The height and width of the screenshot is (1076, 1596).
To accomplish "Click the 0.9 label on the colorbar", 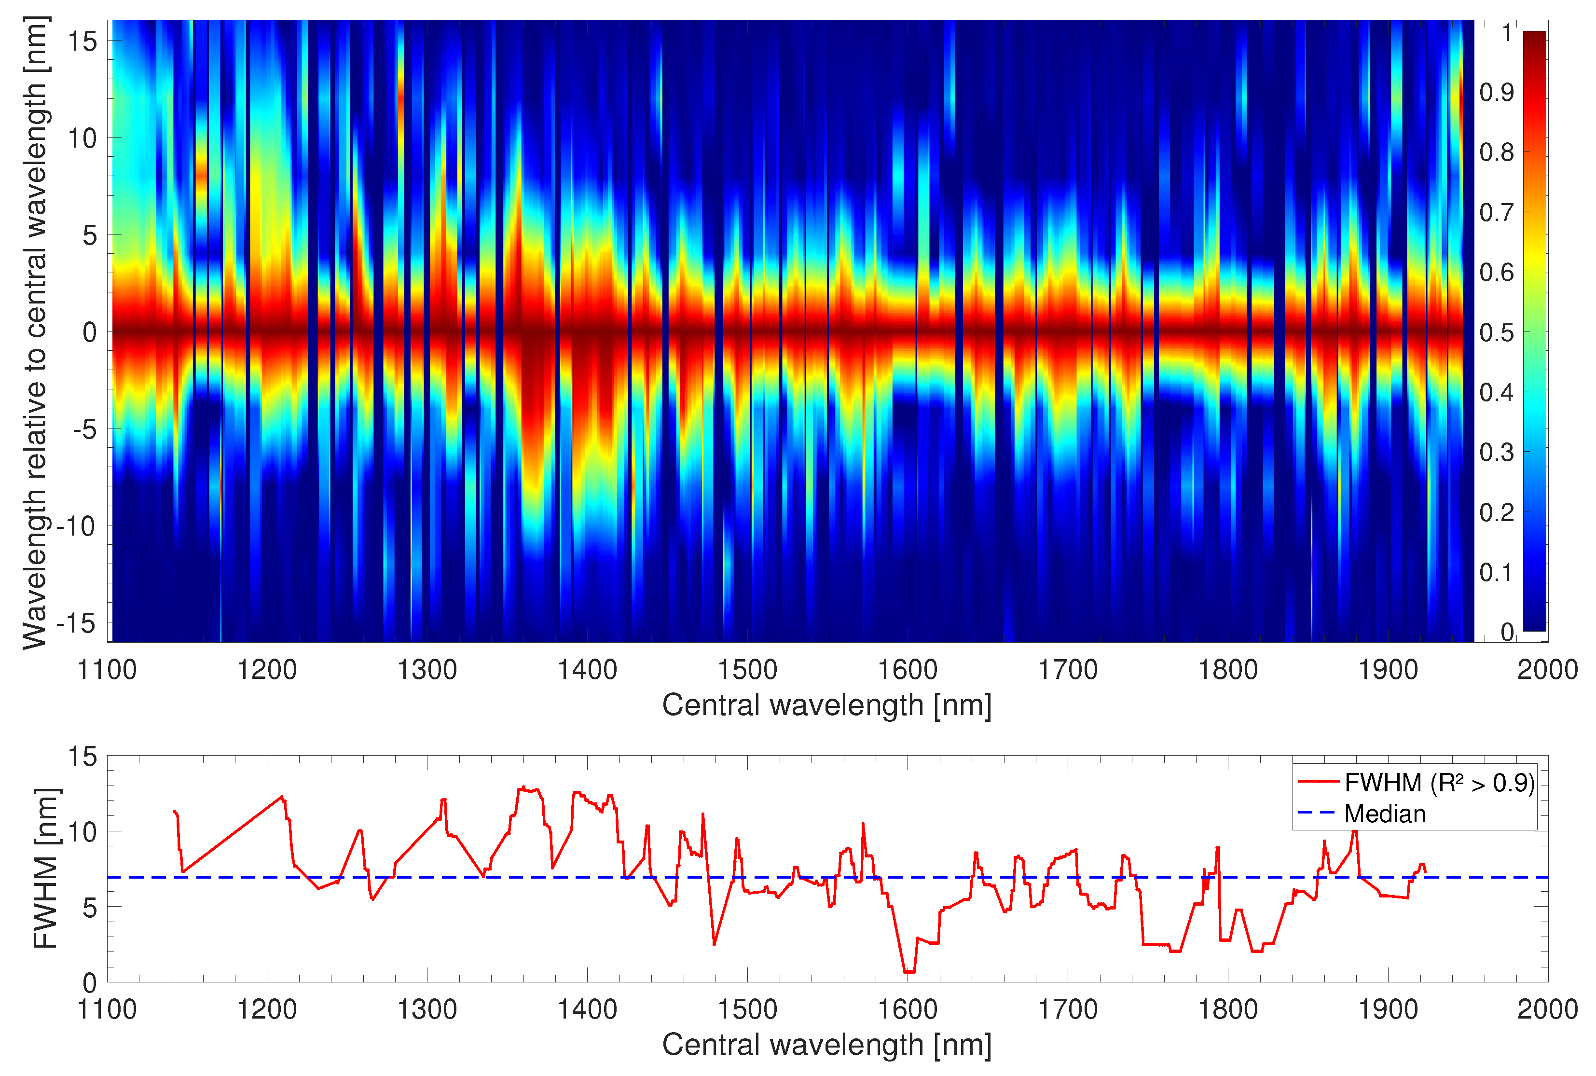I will (1497, 92).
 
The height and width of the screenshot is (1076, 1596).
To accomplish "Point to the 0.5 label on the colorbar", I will (1497, 332).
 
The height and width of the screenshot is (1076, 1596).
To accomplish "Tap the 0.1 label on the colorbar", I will (1497, 572).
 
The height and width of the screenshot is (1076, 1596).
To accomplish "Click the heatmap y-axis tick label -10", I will (77, 526).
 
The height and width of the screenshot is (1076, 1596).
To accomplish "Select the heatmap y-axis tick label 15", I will (83, 41).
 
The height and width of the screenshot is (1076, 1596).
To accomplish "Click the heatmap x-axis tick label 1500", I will (747, 670).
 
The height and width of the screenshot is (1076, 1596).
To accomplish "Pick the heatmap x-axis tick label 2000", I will (1547, 670).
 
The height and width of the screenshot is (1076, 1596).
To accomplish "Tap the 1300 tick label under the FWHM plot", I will (427, 1009).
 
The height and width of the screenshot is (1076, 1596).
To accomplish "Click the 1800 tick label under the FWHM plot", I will (1227, 1009).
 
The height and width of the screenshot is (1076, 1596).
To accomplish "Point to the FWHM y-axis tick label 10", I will (83, 832).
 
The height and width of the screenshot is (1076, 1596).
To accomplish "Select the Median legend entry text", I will (1385, 814).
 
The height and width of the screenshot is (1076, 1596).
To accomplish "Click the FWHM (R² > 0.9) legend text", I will (1439, 782).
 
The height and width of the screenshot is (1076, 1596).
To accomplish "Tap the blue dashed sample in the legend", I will (1317, 814).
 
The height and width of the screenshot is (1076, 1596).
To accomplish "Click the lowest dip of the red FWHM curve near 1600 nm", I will (909, 972).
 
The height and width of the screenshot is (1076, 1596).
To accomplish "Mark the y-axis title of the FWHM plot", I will (46, 869).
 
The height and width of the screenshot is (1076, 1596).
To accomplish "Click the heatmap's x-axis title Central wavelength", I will (827, 705).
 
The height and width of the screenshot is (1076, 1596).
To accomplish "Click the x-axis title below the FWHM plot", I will (827, 1045).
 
